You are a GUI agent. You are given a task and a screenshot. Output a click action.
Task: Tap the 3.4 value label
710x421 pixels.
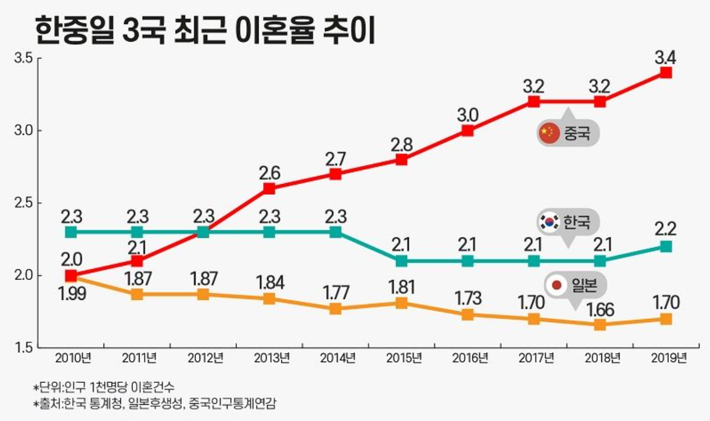coord(664,58)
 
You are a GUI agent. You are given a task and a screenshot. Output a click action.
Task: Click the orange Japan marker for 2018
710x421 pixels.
coord(600,325)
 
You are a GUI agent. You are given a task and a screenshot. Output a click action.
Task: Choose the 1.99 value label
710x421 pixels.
coord(72,293)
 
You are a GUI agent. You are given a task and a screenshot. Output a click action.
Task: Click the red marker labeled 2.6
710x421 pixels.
coord(269,189)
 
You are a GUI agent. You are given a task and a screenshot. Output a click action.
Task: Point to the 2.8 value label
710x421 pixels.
coord(401,145)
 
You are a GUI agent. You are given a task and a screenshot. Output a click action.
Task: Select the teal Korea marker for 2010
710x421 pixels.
coord(71,232)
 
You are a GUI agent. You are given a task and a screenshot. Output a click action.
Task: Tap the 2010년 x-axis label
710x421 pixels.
coord(73,358)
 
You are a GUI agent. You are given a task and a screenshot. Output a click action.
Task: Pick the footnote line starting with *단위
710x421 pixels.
coord(104,388)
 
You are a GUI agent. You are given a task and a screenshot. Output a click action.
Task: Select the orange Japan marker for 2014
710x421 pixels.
coord(335,308)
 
